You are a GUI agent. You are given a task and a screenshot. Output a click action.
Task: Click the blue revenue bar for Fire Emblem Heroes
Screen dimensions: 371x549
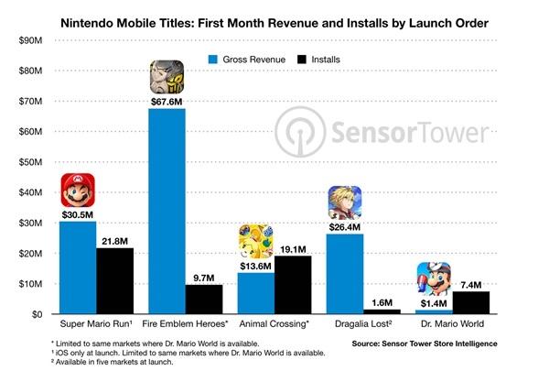(167, 211)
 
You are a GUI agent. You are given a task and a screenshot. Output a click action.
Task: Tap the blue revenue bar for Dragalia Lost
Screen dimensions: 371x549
(345, 274)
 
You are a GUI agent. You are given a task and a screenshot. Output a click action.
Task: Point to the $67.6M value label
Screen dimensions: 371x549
(167, 101)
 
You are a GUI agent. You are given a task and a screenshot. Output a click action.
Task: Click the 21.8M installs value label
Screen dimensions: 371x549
(114, 240)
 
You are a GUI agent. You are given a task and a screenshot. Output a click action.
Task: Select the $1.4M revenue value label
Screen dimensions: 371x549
(433, 302)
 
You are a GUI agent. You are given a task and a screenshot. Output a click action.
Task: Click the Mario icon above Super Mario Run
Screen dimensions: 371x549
(78, 191)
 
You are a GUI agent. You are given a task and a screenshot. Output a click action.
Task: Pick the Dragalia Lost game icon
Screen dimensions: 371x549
(345, 203)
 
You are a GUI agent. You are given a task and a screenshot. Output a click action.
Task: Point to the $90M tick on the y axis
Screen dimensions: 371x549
(31, 40)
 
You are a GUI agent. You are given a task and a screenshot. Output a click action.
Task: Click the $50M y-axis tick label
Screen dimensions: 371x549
(31, 162)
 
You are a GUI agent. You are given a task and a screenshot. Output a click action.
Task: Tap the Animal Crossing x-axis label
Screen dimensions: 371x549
(274, 325)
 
